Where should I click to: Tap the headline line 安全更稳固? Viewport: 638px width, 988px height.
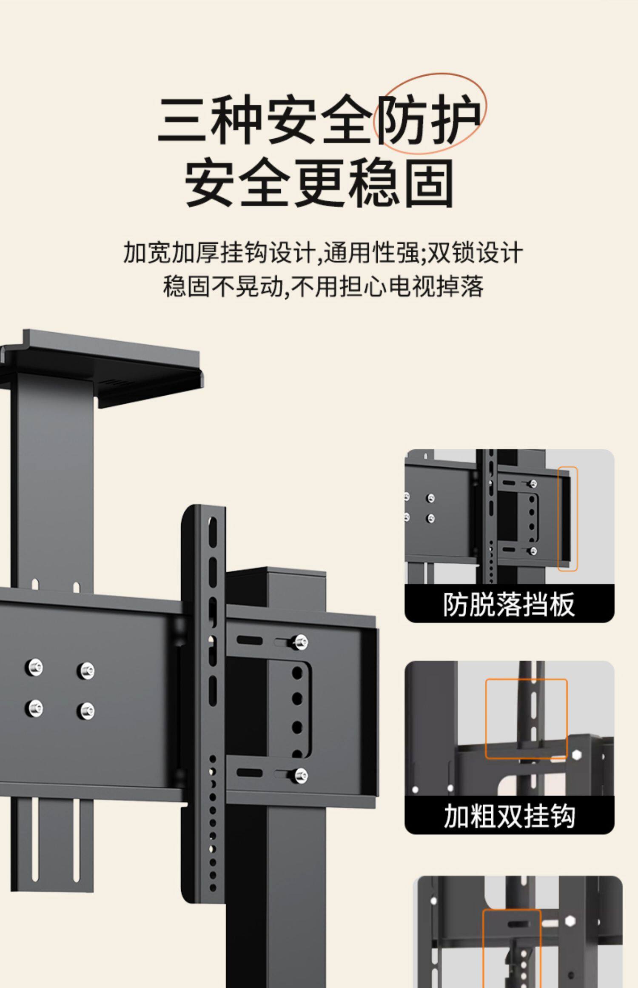(x=319, y=183)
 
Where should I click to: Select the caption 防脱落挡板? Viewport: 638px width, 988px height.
(x=509, y=604)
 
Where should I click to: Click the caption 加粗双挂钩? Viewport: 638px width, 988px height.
(x=509, y=816)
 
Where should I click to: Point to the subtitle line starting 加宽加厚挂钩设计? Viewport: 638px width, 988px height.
(x=322, y=253)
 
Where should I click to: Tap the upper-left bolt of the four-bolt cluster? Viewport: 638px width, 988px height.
(x=34, y=667)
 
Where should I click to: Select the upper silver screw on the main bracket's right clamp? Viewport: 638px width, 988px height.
(x=300, y=641)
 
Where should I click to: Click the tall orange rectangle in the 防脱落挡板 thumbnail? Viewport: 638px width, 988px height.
(x=567, y=518)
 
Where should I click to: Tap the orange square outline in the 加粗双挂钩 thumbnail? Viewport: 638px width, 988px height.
(x=526, y=719)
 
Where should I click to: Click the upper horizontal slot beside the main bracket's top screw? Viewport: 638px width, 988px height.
(x=249, y=640)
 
